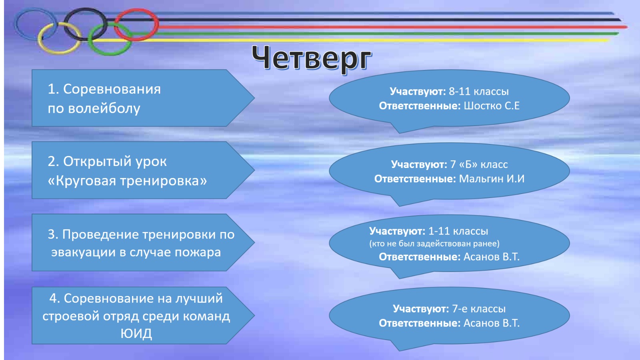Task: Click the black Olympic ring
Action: tap(85, 9)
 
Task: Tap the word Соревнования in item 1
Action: tap(112, 89)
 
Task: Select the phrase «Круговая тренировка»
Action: tap(127, 181)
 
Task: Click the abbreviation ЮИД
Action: tap(136, 334)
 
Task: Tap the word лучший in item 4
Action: tap(199, 298)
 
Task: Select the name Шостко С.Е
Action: tap(492, 106)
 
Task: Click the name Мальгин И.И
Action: tap(492, 179)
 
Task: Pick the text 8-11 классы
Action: tap(478, 92)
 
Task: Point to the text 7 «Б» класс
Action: tap(479, 164)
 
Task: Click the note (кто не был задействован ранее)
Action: tap(434, 244)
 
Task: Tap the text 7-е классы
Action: tap(479, 309)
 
